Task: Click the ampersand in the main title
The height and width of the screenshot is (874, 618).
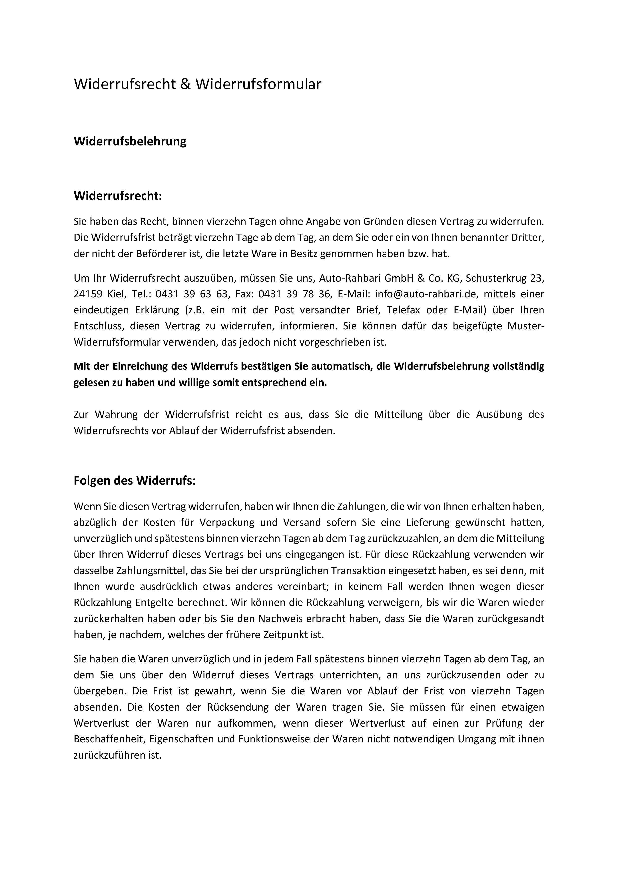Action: (186, 84)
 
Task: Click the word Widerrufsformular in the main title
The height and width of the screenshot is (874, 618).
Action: (259, 84)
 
